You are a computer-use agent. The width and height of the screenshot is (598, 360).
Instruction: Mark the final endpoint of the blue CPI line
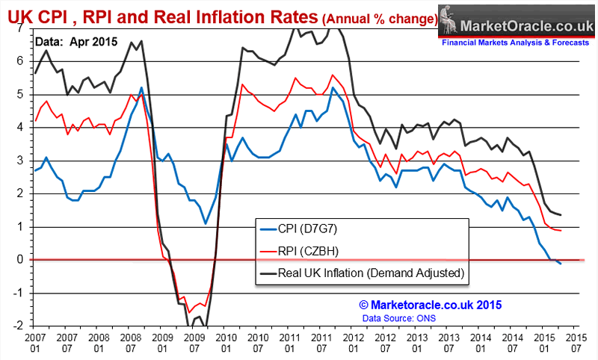click(561, 264)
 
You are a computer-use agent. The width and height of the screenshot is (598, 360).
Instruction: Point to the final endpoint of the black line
click(561, 215)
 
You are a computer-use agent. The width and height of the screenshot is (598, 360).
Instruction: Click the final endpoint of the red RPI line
click(561, 230)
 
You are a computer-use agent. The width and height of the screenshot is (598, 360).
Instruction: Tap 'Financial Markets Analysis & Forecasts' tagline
click(515, 43)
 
